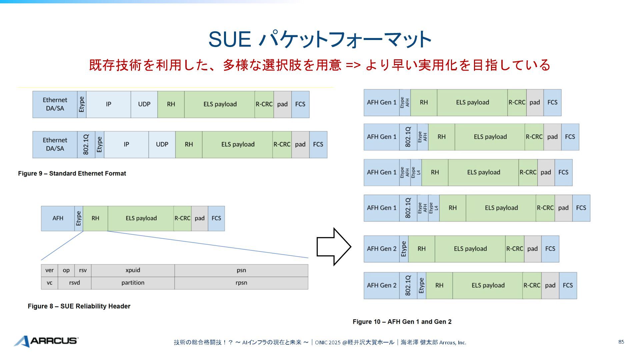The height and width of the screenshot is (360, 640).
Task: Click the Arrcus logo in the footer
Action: [46, 341]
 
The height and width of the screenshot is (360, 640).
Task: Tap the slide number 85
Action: [621, 342]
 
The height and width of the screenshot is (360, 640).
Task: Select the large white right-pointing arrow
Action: [333, 247]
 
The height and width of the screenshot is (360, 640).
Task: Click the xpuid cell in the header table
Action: [133, 270]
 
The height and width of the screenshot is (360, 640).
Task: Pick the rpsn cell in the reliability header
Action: [241, 283]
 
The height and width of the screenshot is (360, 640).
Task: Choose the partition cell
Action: [133, 283]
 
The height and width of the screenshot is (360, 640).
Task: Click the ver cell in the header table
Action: [49, 270]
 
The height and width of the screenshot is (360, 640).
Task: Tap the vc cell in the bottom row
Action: [49, 283]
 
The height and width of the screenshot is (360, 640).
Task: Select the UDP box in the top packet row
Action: [144, 104]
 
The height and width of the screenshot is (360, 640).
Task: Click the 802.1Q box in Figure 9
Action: [86, 145]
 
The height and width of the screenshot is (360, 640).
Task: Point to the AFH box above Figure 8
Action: [58, 218]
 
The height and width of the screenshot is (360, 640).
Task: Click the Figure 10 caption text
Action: [402, 322]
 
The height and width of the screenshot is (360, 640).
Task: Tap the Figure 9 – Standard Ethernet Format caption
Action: [72, 173]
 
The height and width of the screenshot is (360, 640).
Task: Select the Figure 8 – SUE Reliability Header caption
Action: [79, 306]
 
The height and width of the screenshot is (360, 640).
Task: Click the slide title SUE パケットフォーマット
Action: [320, 39]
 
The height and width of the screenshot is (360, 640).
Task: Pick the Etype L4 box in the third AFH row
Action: [416, 172]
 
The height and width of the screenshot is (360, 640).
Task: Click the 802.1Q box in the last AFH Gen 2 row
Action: [408, 286]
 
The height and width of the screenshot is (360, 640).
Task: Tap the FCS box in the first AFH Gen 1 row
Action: [552, 103]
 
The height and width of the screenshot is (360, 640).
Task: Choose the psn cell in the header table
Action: [241, 270]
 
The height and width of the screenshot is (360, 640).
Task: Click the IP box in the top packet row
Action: [108, 104]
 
